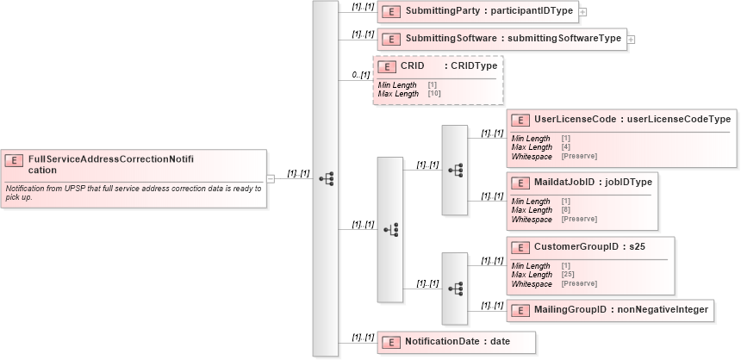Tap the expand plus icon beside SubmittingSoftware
point(631,39)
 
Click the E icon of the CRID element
point(387,65)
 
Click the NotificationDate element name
point(445,341)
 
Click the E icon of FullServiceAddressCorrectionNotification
point(15,159)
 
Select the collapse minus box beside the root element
point(270,178)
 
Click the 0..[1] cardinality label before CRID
point(361,76)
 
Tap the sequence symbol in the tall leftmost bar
point(326,178)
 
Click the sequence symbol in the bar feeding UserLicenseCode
point(456,170)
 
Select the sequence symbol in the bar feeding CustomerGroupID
point(456,288)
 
